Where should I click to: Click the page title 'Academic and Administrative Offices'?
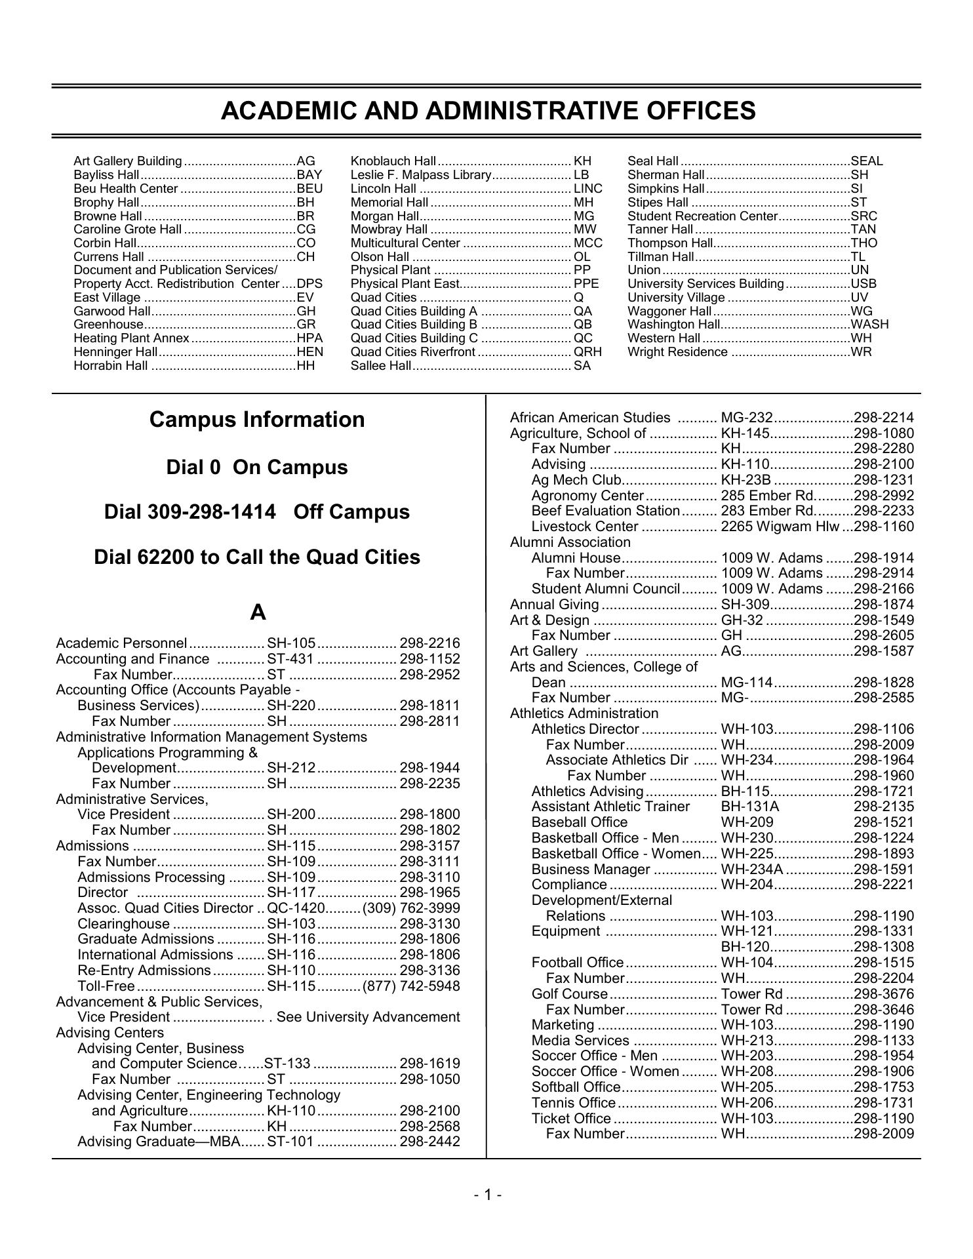click(488, 111)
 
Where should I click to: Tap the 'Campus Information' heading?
click(257, 420)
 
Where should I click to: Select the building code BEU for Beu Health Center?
click(309, 188)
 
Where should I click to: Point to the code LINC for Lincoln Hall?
click(587, 188)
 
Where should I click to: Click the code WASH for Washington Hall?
click(869, 324)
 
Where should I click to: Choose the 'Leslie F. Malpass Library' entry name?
click(421, 174)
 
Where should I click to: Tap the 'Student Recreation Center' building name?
click(702, 216)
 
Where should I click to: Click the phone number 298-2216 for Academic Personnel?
click(429, 643)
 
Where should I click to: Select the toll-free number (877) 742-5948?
click(411, 986)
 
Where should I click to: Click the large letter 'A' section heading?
click(258, 612)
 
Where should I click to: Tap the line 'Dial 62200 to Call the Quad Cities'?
click(257, 557)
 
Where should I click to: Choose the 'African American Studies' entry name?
click(590, 418)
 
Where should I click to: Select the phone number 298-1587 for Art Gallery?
click(883, 651)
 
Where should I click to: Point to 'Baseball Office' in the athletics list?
click(580, 822)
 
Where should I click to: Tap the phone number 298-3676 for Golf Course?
click(883, 994)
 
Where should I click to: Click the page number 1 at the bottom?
click(487, 1195)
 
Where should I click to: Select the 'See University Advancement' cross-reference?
click(368, 1017)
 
